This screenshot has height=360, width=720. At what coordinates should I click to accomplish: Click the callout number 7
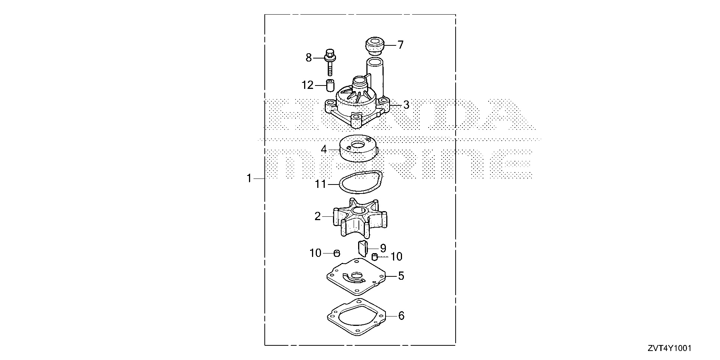pyautogui.click(x=400, y=45)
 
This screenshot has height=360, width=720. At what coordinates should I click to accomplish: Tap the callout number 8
pyautogui.click(x=309, y=58)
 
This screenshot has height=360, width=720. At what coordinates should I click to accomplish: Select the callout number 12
pyautogui.click(x=307, y=85)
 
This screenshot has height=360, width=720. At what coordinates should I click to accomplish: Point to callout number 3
pyautogui.click(x=406, y=105)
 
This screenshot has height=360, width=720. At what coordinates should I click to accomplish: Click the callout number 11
pyautogui.click(x=321, y=184)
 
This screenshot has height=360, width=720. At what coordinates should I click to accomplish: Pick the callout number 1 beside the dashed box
pyautogui.click(x=249, y=178)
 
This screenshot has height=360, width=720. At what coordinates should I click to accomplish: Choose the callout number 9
pyautogui.click(x=383, y=248)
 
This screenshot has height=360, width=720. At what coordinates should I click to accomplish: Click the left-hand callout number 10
pyautogui.click(x=316, y=253)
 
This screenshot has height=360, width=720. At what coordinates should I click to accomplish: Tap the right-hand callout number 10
pyautogui.click(x=396, y=256)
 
